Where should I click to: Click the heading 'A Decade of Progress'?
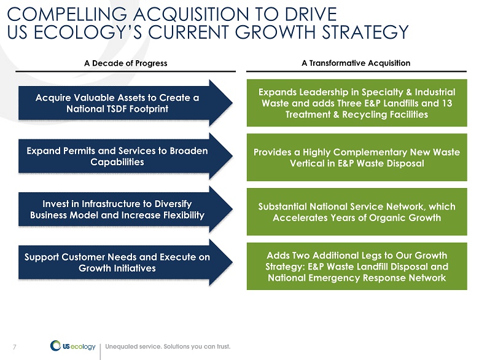coord(125,63)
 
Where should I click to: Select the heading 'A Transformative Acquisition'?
coord(356,63)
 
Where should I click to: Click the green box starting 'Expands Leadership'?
coord(357,103)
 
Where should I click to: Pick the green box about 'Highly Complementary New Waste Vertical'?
coord(357,157)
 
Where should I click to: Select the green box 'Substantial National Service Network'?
coord(357,211)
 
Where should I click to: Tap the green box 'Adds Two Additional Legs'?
coord(357,267)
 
